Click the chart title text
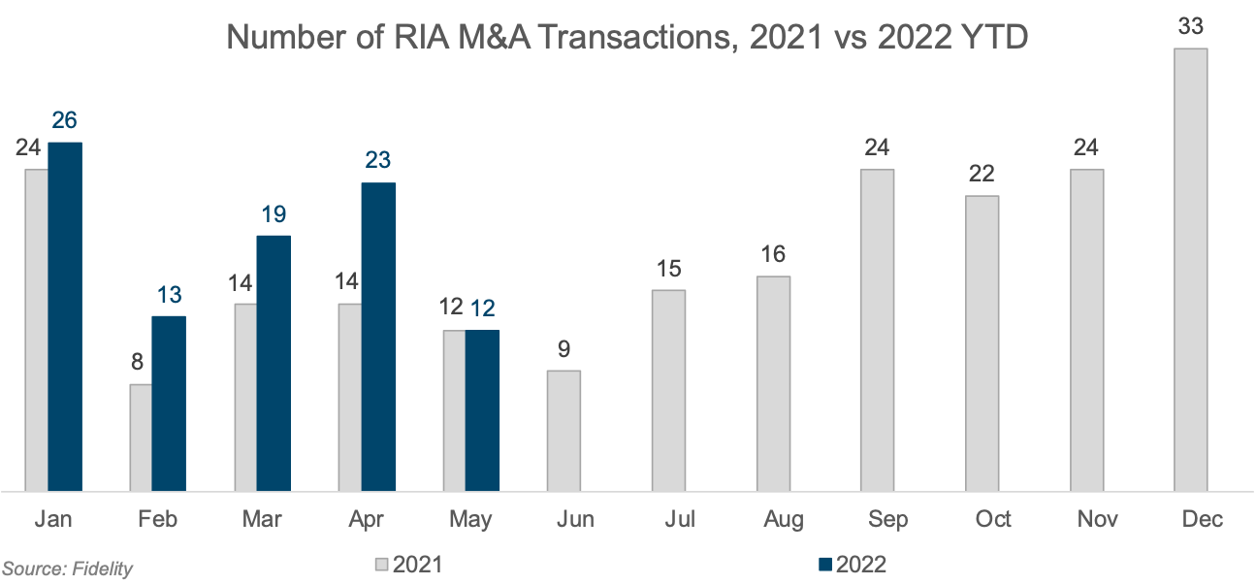(627, 38)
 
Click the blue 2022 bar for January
(65, 316)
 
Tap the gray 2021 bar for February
(141, 438)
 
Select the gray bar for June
(564, 431)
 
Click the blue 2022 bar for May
(482, 410)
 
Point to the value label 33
(1190, 27)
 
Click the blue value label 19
(274, 215)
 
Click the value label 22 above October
(982, 175)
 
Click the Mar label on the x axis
(262, 520)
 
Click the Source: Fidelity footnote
(67, 569)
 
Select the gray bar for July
(668, 390)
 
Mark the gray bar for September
(877, 330)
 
